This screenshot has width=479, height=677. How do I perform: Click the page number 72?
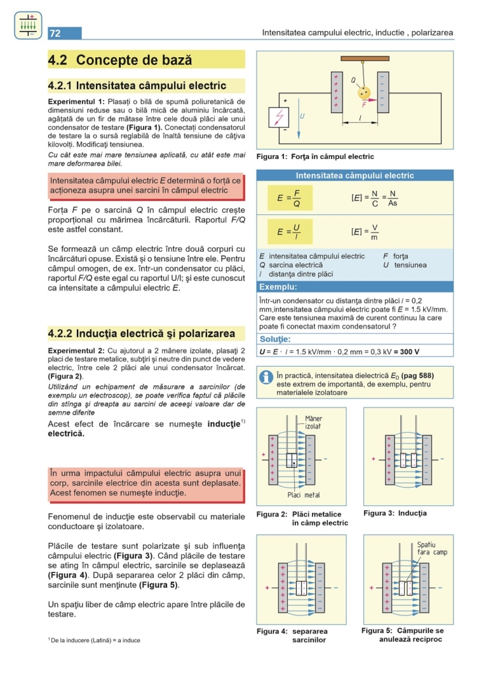(55, 34)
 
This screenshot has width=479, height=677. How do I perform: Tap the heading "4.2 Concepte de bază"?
(120, 60)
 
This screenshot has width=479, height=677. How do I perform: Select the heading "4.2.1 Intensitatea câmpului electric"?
(137, 85)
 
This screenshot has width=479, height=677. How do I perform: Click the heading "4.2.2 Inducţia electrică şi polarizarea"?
(142, 333)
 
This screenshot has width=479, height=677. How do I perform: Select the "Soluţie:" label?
(275, 339)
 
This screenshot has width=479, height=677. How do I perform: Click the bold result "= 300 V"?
(401, 352)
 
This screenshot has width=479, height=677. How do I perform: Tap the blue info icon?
(266, 377)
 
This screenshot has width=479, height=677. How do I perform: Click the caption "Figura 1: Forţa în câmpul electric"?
(315, 157)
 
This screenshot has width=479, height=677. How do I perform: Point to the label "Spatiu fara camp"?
(431, 548)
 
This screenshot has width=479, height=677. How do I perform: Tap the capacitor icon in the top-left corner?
(27, 25)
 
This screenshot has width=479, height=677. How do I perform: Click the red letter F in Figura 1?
(364, 104)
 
